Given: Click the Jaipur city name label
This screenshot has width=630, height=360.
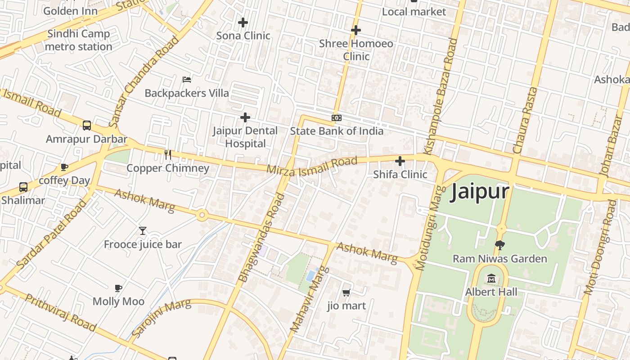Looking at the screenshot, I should pyautogui.click(x=480, y=192).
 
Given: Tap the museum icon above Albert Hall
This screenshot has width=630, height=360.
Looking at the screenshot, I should pyautogui.click(x=491, y=279).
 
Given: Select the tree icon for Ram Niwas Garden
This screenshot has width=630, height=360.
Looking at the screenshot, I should pyautogui.click(x=499, y=245).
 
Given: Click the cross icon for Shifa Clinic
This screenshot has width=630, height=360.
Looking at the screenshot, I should pyautogui.click(x=400, y=161).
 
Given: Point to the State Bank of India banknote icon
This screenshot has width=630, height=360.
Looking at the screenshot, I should pyautogui.click(x=336, y=118).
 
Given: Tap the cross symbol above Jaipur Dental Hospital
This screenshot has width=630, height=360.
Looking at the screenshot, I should pyautogui.click(x=245, y=117).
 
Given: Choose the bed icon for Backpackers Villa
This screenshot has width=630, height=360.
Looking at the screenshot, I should pyautogui.click(x=187, y=80).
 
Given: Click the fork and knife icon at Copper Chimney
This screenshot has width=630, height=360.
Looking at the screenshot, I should pyautogui.click(x=168, y=155).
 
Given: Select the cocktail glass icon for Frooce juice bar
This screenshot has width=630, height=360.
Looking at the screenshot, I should pyautogui.click(x=143, y=231).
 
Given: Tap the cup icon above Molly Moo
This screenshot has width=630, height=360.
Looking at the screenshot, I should pyautogui.click(x=118, y=288).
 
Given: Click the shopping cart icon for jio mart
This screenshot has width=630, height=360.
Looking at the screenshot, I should pyautogui.click(x=346, y=293).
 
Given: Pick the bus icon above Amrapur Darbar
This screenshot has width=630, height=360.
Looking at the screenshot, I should pyautogui.click(x=87, y=126).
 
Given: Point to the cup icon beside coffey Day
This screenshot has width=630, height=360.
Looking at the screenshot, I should pyautogui.click(x=64, y=167).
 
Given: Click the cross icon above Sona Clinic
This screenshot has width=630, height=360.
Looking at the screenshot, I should pyautogui.click(x=243, y=22).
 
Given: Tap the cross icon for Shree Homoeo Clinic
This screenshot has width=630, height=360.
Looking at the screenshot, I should pyautogui.click(x=356, y=30).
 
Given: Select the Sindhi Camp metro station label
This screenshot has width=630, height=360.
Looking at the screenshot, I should pyautogui.click(x=79, y=40).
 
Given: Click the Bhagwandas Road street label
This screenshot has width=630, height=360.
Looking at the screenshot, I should pyautogui.click(x=262, y=238).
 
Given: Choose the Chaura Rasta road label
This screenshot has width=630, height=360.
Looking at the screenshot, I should pyautogui.click(x=525, y=120).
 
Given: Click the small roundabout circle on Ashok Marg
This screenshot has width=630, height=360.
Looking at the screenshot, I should pyautogui.click(x=202, y=216).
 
